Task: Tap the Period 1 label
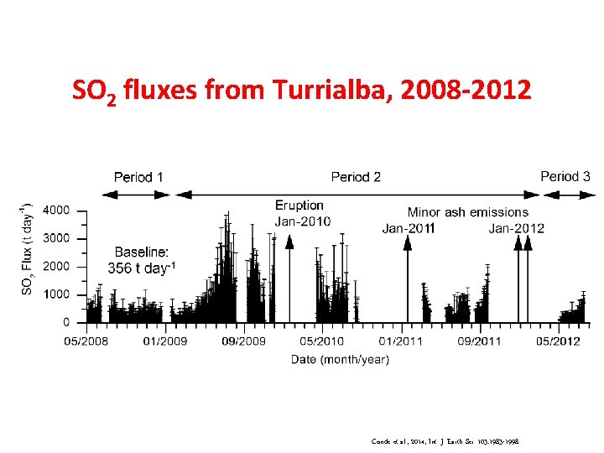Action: point(139,177)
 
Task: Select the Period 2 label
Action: point(356,177)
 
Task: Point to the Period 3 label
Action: point(565,176)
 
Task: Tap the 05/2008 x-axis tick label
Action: point(86,341)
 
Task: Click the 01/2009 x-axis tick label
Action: point(165,341)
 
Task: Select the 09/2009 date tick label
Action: point(243,341)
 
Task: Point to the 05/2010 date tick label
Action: point(322,341)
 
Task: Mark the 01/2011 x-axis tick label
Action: point(401,341)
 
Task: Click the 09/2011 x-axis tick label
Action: point(479,341)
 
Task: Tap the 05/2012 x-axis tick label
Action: point(558,341)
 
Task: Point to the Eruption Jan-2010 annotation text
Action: point(302,213)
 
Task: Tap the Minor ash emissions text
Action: point(468,212)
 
